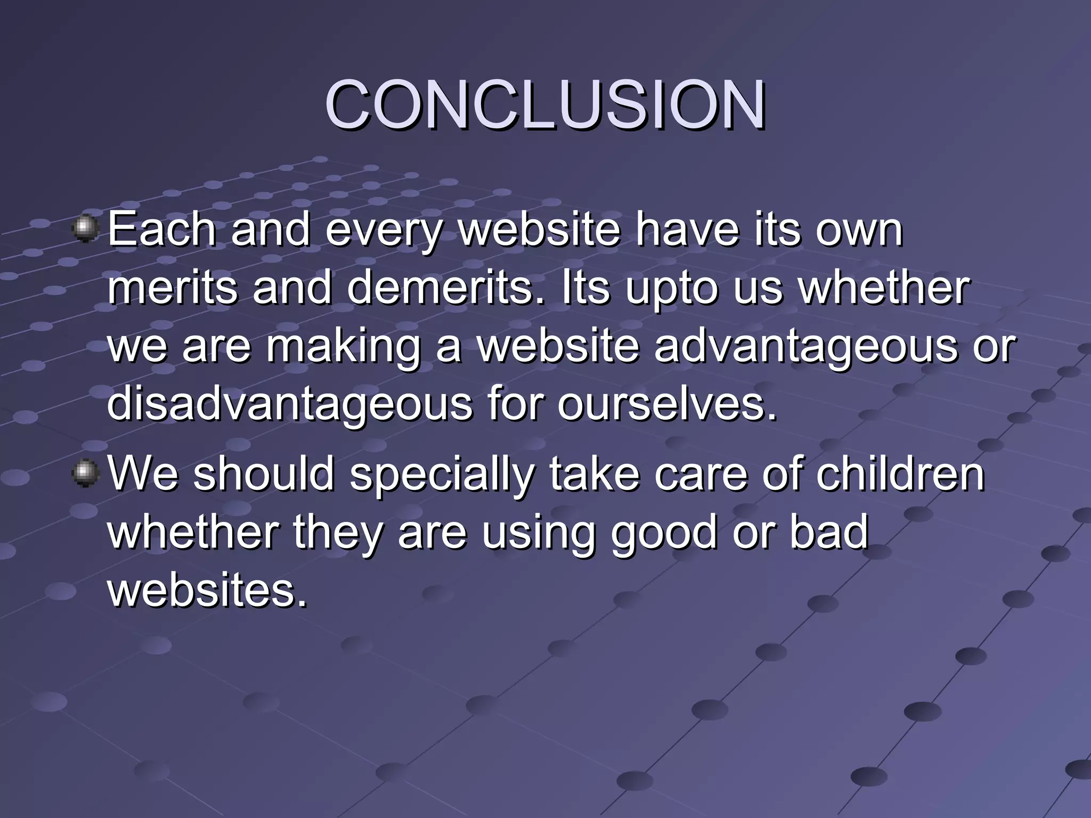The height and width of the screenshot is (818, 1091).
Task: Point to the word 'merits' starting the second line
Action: tap(173, 288)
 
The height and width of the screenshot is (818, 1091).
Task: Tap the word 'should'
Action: tap(264, 474)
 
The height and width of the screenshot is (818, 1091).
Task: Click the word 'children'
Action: tap(900, 474)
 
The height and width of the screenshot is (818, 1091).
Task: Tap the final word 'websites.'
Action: tap(208, 591)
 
